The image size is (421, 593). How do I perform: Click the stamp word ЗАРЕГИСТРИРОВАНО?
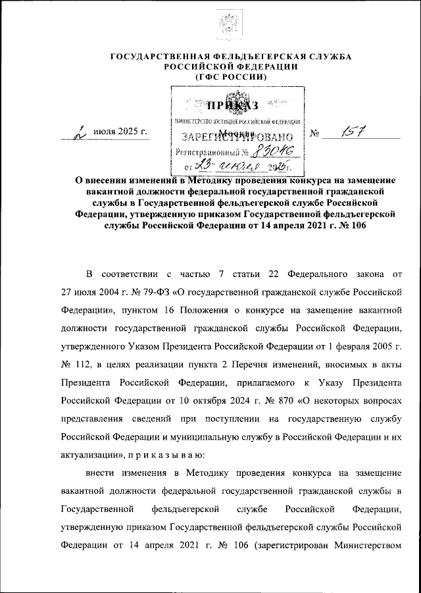234,138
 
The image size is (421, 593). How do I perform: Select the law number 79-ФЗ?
159,290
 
